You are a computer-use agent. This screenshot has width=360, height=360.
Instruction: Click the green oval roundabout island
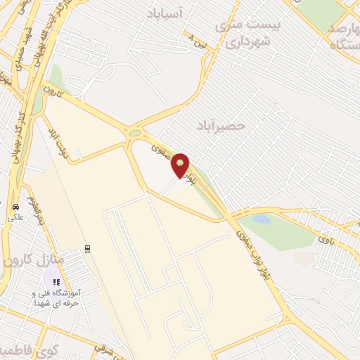pos(135,132)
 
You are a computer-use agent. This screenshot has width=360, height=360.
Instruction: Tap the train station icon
pos(87,247)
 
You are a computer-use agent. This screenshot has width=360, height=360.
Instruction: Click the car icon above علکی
pos(15,207)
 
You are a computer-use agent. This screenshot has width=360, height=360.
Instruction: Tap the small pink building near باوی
pos(304,258)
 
